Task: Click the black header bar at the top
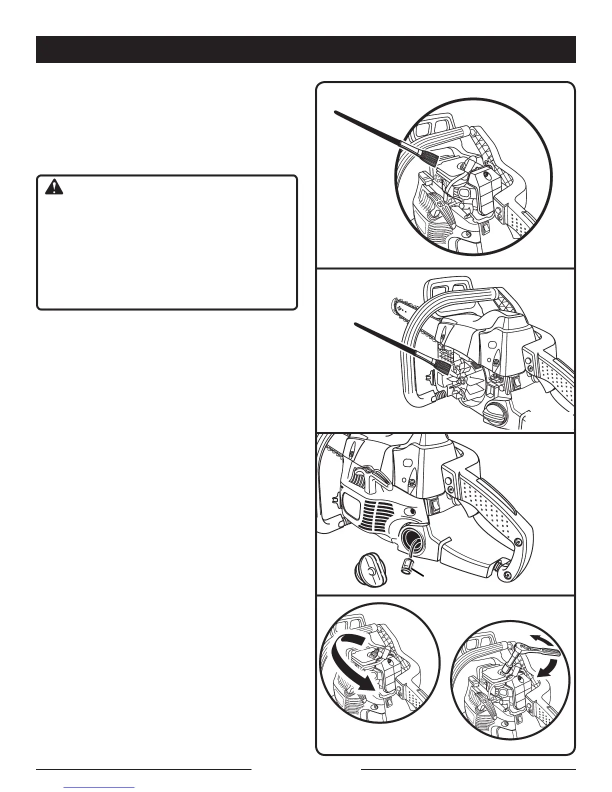305,49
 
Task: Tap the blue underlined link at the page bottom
100,788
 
